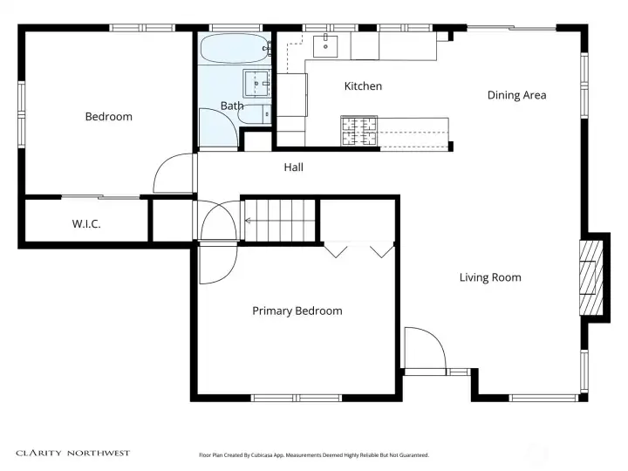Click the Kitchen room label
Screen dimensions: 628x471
[x=363, y=86]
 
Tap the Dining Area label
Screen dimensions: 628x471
[x=516, y=95]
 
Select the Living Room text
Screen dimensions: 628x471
[x=490, y=277]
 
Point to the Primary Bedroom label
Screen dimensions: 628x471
[x=297, y=311]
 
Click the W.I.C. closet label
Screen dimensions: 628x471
[x=86, y=224]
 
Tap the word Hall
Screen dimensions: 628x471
[x=294, y=167]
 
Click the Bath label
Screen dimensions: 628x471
[x=232, y=106]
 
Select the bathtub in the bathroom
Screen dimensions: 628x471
[x=235, y=49]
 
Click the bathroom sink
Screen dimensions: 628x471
[x=256, y=84]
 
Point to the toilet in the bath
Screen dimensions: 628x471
[x=255, y=113]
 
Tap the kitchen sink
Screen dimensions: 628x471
[x=325, y=46]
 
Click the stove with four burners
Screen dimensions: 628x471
[x=358, y=131]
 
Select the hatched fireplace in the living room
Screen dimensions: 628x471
[x=591, y=277]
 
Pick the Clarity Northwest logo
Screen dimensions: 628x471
[x=73, y=454]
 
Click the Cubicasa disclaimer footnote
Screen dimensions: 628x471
[x=314, y=455]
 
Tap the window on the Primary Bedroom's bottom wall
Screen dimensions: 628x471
[x=297, y=398]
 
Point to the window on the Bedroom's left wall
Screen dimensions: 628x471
[x=21, y=114]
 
